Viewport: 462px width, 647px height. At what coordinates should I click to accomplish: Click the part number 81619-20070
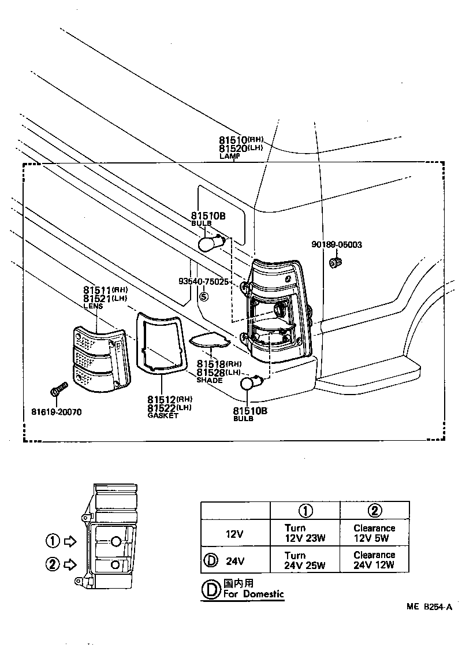pos(56,412)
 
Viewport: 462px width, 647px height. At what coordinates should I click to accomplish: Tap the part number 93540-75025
pos(204,282)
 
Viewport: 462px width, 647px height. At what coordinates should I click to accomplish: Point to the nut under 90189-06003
pos(334,263)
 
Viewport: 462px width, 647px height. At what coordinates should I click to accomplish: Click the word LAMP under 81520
pos(229,157)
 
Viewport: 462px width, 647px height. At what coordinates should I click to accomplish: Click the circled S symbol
pos(203,298)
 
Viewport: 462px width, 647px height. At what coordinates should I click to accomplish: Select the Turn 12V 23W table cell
pos(305,532)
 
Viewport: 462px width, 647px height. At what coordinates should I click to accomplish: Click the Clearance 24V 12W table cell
pos(374,560)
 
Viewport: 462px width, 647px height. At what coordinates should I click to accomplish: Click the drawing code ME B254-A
pos(428,607)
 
